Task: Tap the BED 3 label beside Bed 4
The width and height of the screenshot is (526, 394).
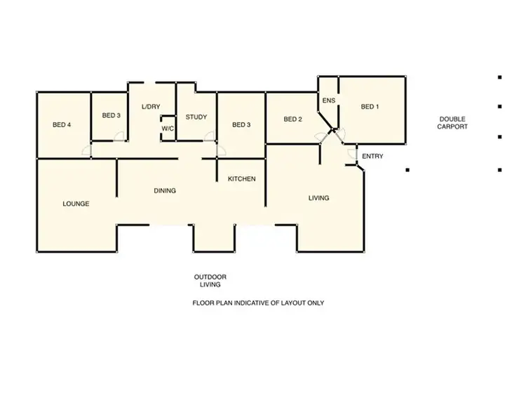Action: [x=111, y=115]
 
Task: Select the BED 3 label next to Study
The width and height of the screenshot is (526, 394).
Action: [x=241, y=125]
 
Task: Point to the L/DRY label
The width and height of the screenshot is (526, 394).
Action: [x=151, y=107]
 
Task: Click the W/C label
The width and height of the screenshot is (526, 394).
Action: [x=168, y=129]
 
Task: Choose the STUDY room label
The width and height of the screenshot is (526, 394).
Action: [x=196, y=117]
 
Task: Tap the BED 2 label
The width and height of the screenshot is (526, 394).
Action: [x=292, y=119]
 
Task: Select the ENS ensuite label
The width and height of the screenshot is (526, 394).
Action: [x=328, y=100]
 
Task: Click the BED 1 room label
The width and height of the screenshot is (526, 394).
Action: [x=370, y=107]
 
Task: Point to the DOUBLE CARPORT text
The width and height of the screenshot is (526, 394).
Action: [x=452, y=123]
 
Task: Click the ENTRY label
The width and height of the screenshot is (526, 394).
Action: [x=372, y=156]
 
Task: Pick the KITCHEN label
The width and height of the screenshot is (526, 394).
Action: [x=241, y=179]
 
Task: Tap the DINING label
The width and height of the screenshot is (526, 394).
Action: [x=165, y=190]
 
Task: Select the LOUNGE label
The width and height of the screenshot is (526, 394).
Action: [x=76, y=204]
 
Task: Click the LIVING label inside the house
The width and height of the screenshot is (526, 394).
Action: [x=318, y=198]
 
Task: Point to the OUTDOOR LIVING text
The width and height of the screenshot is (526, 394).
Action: [x=210, y=281]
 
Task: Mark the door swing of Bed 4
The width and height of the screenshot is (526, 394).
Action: [x=86, y=150]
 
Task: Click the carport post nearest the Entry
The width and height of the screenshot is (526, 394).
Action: [x=407, y=169]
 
